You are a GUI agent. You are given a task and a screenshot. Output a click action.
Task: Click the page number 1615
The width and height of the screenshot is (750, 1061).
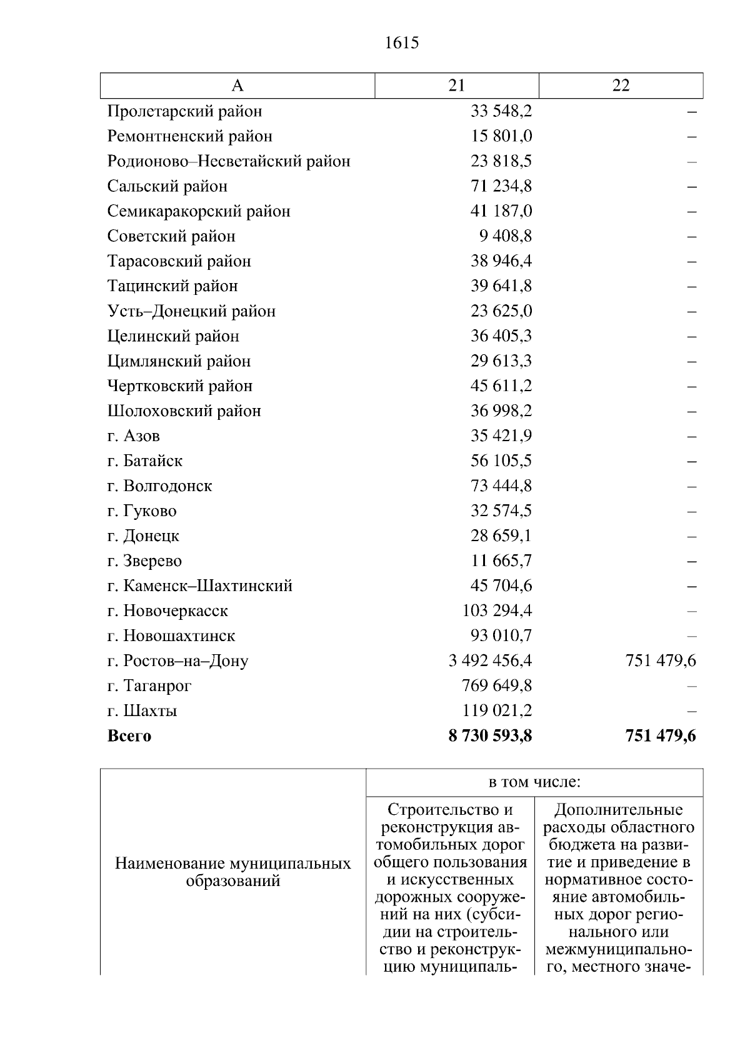402,43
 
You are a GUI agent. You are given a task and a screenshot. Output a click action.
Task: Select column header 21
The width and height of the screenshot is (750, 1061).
457,86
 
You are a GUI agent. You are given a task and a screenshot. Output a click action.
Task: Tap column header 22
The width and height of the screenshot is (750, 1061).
621,86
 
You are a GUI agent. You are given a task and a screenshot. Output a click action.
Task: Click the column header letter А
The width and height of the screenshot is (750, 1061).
237,86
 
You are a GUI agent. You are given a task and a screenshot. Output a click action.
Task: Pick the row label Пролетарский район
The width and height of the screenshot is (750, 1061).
184,111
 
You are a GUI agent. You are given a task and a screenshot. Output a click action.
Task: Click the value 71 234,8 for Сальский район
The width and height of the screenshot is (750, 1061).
501,186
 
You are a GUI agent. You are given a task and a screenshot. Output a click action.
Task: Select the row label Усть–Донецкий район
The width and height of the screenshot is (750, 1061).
191,311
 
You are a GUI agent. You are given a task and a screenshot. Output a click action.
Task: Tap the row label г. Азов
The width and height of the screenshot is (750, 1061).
134,436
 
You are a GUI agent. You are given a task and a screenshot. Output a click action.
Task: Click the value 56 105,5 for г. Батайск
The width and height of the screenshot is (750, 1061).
501,461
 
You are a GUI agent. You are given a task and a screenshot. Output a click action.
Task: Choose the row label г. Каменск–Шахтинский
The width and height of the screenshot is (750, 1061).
200,586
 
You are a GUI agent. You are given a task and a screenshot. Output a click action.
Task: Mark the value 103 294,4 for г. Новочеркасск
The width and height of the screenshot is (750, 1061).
497,611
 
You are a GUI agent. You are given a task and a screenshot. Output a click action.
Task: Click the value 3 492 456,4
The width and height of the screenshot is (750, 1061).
491,661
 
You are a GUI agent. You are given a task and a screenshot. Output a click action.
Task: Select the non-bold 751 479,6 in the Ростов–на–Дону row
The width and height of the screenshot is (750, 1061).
661,661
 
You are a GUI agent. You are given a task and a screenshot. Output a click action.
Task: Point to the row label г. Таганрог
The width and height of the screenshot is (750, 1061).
149,686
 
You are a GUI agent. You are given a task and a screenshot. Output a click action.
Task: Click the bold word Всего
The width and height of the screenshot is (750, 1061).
129,736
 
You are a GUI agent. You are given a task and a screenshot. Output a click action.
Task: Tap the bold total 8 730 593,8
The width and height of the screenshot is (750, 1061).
491,736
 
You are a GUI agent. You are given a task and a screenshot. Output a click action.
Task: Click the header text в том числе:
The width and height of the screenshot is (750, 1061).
534,782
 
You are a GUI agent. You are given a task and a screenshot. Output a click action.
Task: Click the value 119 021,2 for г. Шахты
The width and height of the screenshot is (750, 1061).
497,711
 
